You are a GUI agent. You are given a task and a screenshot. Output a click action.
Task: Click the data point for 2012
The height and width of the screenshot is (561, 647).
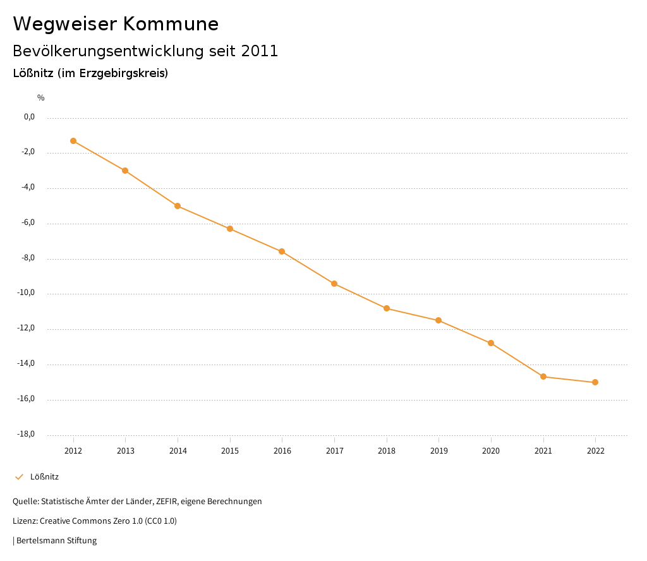click(x=73, y=141)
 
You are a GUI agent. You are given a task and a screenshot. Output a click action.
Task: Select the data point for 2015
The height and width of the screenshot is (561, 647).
click(x=230, y=229)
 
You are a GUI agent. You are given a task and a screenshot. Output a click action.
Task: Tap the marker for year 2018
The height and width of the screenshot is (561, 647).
click(x=387, y=308)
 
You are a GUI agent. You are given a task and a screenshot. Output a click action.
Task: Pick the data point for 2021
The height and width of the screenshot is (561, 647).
click(x=543, y=377)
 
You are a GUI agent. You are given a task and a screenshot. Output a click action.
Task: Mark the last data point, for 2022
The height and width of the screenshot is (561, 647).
click(x=595, y=382)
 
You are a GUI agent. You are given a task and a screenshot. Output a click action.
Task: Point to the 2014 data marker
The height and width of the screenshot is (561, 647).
click(x=178, y=206)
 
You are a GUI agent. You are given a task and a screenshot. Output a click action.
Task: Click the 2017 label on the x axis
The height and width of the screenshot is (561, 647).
click(x=334, y=451)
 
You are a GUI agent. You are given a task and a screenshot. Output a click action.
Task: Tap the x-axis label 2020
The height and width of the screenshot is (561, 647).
click(x=491, y=451)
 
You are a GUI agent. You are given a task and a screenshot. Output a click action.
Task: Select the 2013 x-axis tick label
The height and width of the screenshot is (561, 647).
click(x=126, y=451)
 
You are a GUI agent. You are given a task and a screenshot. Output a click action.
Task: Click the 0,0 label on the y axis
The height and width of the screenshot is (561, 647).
click(x=29, y=117)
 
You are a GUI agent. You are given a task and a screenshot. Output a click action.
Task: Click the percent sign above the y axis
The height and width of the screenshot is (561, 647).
click(x=41, y=98)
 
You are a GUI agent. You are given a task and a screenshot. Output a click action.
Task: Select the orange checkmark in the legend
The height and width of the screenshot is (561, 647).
click(x=19, y=477)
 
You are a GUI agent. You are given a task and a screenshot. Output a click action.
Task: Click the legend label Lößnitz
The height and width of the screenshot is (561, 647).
click(x=44, y=477)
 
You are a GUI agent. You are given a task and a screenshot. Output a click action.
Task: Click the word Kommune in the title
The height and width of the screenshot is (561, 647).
click(x=171, y=24)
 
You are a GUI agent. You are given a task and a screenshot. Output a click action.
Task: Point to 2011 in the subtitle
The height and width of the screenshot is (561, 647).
click(x=260, y=51)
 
